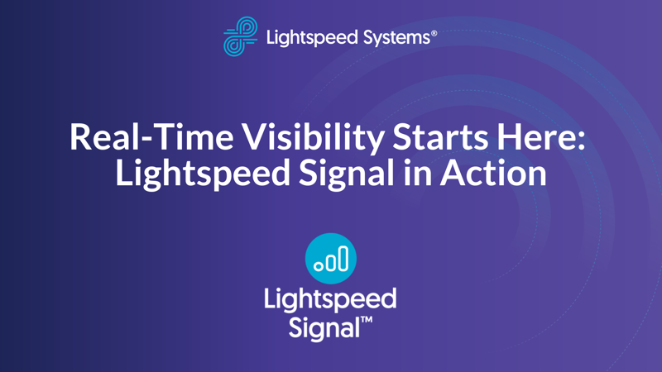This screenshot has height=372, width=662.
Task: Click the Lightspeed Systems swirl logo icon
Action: click(240, 36)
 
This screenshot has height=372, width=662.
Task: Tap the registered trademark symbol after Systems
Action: click(434, 33)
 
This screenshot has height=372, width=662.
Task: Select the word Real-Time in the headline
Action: click(151, 137)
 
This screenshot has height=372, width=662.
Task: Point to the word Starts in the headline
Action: click(440, 137)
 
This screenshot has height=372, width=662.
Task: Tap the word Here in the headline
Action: click(534, 137)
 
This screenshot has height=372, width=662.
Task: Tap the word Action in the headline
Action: click(493, 172)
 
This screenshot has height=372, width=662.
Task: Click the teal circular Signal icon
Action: click(330, 258)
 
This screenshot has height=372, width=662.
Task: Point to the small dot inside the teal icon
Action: click(319, 265)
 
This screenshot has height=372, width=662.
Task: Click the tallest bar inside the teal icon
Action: click(343, 258)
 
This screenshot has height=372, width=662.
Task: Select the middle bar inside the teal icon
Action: click(331, 262)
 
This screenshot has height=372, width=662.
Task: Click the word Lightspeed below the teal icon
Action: click(330, 300)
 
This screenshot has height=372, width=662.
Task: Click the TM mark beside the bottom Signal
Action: click(367, 320)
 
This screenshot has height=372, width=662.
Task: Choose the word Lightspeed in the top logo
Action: click(312, 38)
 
